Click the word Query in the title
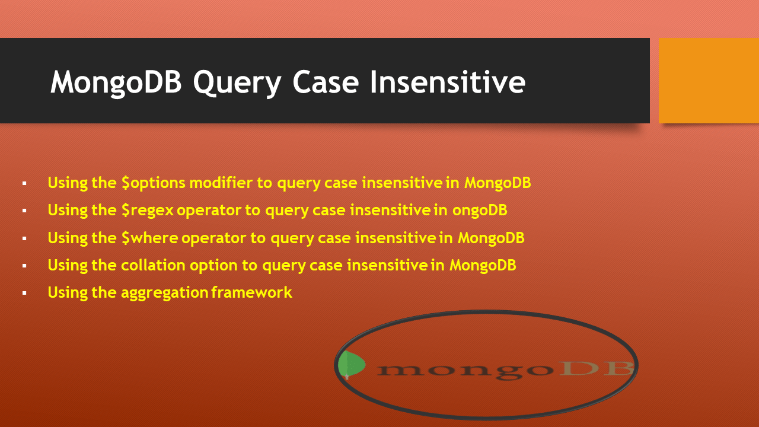click(237, 82)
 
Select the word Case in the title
click(326, 82)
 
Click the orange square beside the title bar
click(709, 81)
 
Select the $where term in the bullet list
click(149, 238)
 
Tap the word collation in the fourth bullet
click(153, 265)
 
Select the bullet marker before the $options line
click(24, 184)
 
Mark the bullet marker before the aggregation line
click(24, 294)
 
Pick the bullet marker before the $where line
click(24, 239)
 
